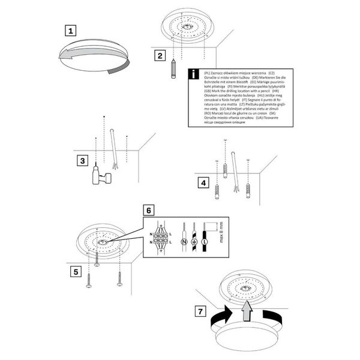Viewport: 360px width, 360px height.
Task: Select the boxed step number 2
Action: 159,56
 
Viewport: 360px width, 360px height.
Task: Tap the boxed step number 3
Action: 83,160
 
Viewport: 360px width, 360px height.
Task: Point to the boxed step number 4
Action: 205,182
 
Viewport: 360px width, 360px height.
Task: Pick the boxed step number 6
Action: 150,210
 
